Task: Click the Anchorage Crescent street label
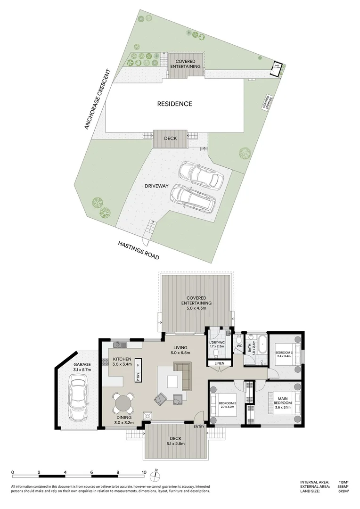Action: pos(97,99)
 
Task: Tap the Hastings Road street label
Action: pos(139,250)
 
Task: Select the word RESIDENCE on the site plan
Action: pos(174,104)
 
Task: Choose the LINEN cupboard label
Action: pos(220,363)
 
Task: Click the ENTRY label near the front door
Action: pos(199,427)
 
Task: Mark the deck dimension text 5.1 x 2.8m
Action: pos(175,443)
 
